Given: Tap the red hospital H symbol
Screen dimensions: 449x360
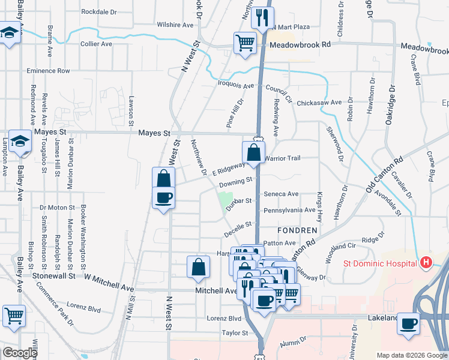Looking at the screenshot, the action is pyautogui.click(x=426, y=262).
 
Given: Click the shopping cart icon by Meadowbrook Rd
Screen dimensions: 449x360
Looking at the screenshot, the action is pyautogui.click(x=244, y=43).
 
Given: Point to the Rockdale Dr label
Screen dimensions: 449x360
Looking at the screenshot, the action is pyautogui.click(x=98, y=11).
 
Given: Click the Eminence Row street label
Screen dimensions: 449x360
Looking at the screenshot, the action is pyautogui.click(x=48, y=71).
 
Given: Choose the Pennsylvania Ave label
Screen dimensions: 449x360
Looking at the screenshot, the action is pyautogui.click(x=289, y=211).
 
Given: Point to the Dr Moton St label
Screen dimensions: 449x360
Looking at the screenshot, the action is pyautogui.click(x=57, y=208).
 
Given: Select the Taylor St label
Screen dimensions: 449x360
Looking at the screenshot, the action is pyautogui.click(x=235, y=332).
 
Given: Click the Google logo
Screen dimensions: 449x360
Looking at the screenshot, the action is pyautogui.click(x=20, y=353).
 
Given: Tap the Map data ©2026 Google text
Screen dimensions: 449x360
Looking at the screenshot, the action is pyautogui.click(x=411, y=355).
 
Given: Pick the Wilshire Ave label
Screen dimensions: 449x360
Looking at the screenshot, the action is pyautogui.click(x=175, y=25).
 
